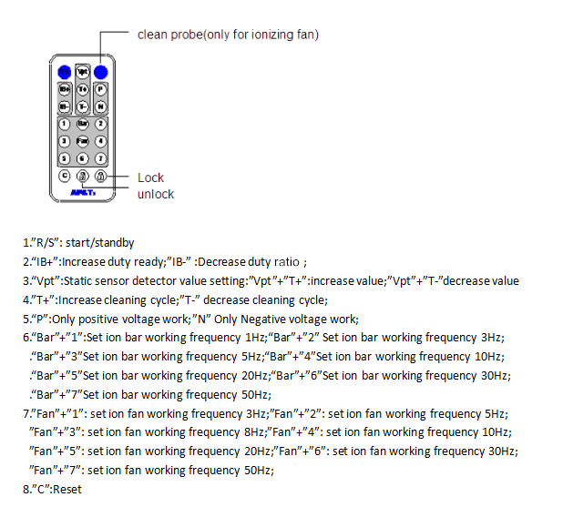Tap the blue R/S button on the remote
(64, 72)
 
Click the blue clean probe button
(101, 72)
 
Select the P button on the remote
(101, 90)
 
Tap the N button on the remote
(101, 106)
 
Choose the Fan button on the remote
(83, 141)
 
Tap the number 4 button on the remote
(101, 141)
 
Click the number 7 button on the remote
(101, 158)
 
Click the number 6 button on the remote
(83, 158)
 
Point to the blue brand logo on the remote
(83, 192)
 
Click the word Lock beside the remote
(150, 177)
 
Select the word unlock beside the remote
(155, 194)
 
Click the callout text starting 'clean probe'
(228, 35)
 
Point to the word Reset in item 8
(67, 491)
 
